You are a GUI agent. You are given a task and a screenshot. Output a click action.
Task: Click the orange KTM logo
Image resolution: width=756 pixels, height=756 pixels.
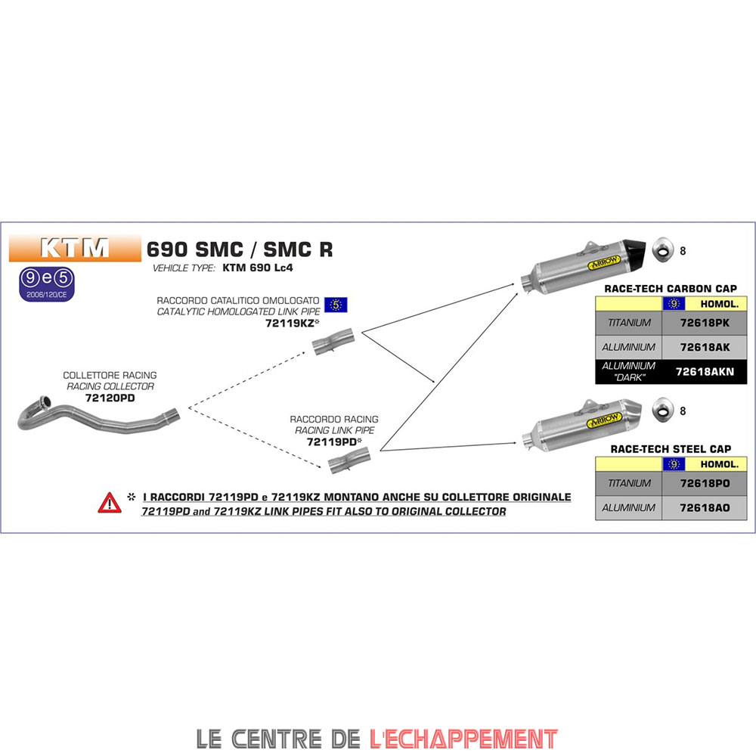tap(74, 247)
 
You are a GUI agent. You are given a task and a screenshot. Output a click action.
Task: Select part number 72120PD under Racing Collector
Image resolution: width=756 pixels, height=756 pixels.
tap(110, 398)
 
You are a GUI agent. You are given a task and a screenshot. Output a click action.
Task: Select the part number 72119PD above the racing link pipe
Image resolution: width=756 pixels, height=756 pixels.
tap(332, 442)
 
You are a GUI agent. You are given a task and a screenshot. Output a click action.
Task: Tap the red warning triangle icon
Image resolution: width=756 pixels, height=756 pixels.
tap(109, 503)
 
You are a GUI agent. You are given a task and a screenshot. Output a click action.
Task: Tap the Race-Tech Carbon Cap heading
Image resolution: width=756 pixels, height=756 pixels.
tap(671, 289)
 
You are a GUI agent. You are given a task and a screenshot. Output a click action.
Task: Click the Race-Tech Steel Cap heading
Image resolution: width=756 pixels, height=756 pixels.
tap(671, 448)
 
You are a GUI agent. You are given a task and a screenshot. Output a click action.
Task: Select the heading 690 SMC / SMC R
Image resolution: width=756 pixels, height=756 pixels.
tap(239, 249)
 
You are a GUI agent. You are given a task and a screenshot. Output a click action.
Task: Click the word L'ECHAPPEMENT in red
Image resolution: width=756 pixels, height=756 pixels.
tap(463, 737)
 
